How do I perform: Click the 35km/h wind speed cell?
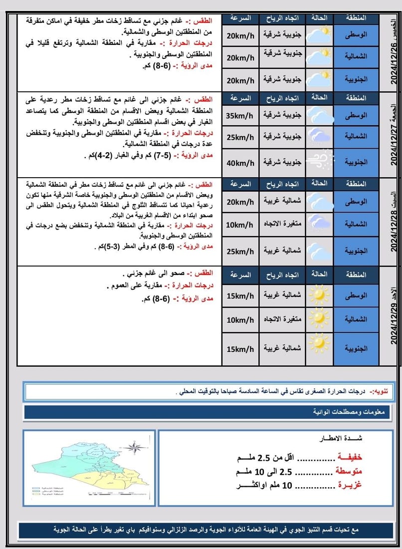pyautogui.click(x=240, y=115)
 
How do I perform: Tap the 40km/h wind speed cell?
pyautogui.click(x=240, y=163)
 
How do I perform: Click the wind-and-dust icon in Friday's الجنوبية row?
pyautogui.click(x=319, y=162)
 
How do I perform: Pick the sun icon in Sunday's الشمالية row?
pyautogui.click(x=319, y=318)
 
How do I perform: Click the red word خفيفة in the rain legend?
pyautogui.click(x=349, y=457)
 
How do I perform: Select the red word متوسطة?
pyautogui.click(x=349, y=471)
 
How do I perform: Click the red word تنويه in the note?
pyautogui.click(x=385, y=391)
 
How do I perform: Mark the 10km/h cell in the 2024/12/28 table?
pyautogui.click(x=240, y=225)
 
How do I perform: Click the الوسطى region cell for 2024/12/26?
pyautogui.click(x=356, y=35)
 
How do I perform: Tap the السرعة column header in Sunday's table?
pyautogui.click(x=240, y=274)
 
